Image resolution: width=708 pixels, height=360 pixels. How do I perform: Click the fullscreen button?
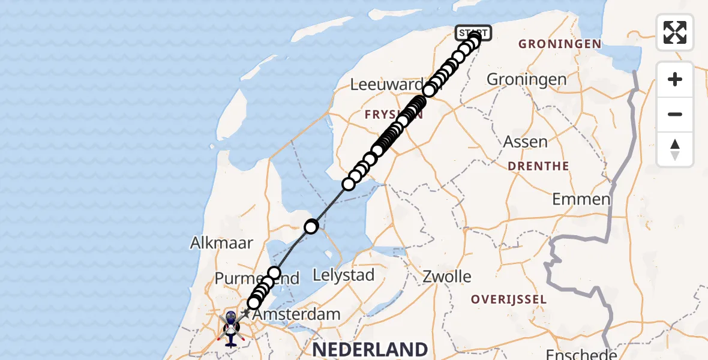[x=675, y=32]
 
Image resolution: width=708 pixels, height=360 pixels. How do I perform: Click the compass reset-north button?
[x=675, y=149]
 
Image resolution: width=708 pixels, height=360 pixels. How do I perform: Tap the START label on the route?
[x=473, y=32]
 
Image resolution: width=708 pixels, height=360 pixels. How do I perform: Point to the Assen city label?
[x=526, y=142]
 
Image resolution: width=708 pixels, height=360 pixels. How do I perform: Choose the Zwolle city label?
[x=447, y=277]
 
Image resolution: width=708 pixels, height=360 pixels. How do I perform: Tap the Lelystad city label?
[x=344, y=275]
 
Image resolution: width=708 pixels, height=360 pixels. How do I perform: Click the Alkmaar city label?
[x=221, y=243]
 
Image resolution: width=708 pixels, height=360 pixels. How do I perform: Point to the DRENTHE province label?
[x=538, y=166]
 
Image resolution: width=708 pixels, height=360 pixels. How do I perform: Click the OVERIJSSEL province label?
[x=508, y=299]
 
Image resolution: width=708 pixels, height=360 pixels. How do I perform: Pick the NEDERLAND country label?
[x=369, y=349]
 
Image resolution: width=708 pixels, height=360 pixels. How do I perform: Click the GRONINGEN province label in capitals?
[x=560, y=44]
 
